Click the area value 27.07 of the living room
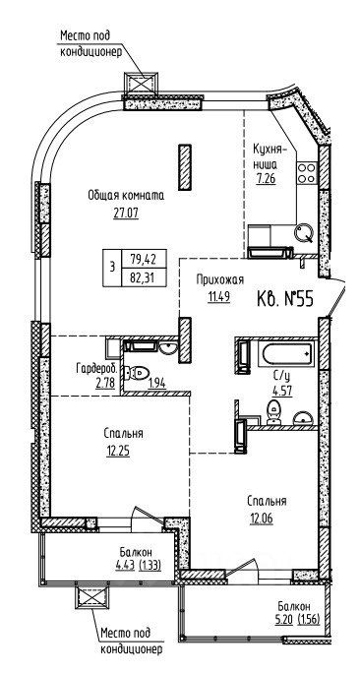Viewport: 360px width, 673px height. coord(126,214)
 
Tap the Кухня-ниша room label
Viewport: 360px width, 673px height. coord(269,156)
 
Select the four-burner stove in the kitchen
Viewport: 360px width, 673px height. coord(307,173)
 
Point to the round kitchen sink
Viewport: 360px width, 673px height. coord(304,232)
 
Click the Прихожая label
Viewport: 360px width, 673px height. coord(219,280)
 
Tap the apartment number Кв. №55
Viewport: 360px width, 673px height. coord(285,298)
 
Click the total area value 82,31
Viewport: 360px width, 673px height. coord(142,279)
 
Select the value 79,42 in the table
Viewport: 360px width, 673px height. coord(142,259)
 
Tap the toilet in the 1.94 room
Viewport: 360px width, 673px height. coord(137,373)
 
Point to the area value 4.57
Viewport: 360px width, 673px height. coord(282,392)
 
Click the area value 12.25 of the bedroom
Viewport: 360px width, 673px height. coord(118,451)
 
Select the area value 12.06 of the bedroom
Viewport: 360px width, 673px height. coord(262,519)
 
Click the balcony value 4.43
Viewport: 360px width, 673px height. coord(125,565)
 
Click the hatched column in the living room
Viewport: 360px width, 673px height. coord(185,167)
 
